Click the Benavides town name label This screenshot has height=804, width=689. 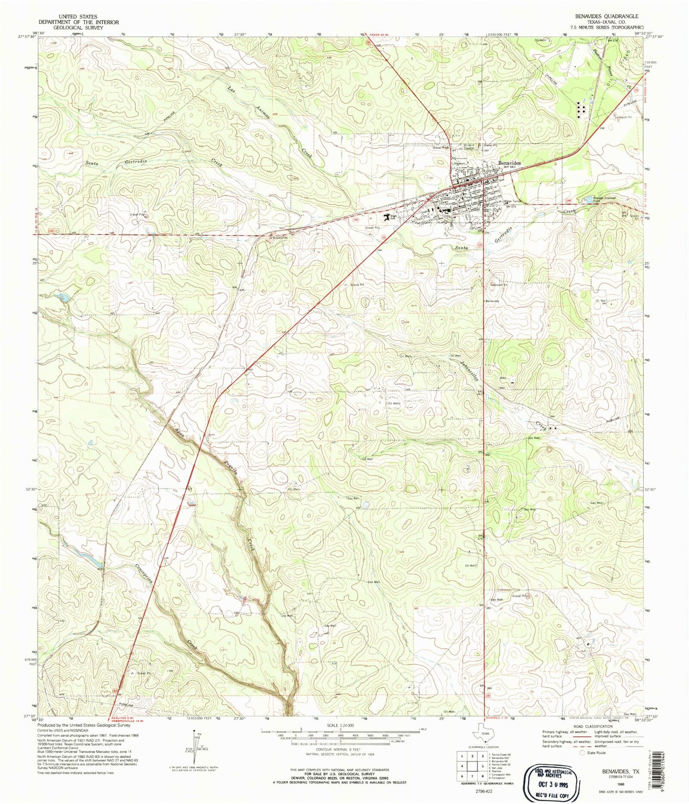point(509,163)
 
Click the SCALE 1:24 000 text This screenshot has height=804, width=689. point(340,725)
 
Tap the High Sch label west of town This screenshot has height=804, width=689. point(394,217)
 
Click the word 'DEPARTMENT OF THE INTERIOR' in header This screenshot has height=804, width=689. point(79,22)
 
